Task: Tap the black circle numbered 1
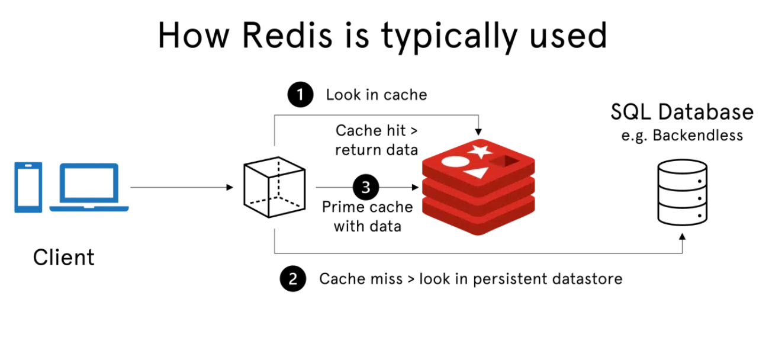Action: (x=301, y=95)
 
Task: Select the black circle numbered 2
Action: (x=292, y=279)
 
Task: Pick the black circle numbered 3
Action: (x=366, y=188)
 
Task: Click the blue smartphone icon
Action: (x=28, y=188)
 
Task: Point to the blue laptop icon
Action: (x=89, y=188)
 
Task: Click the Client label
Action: (x=63, y=258)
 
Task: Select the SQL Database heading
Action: (x=682, y=112)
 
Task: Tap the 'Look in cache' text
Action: (x=376, y=95)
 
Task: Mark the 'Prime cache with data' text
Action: (x=367, y=217)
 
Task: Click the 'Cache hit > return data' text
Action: (x=376, y=140)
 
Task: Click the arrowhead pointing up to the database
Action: (x=683, y=237)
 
